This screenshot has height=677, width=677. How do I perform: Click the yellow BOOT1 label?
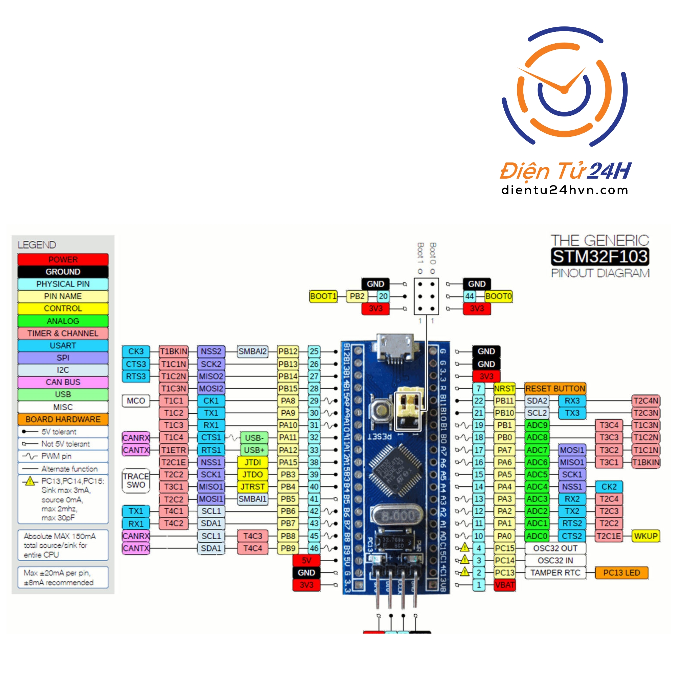tap(323, 297)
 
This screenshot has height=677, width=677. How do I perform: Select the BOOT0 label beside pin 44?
tap(498, 297)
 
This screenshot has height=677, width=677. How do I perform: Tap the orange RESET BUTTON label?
tap(555, 389)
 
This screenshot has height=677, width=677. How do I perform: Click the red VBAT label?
tap(505, 585)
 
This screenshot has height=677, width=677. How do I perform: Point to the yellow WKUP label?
tap(646, 536)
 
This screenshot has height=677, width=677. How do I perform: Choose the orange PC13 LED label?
tap(621, 573)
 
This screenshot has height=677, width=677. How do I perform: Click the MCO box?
tap(136, 401)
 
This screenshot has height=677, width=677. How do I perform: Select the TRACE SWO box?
tap(136, 481)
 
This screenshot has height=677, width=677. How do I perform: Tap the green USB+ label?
tap(254, 450)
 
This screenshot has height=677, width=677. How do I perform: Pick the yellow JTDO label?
tap(252, 475)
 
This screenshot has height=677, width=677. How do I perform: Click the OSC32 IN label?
tap(555, 560)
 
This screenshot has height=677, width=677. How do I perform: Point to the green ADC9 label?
tap(537, 425)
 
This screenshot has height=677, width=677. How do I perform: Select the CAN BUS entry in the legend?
tap(63, 382)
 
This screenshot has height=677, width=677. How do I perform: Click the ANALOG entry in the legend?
tap(63, 321)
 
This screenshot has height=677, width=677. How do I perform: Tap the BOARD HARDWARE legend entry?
tap(63, 419)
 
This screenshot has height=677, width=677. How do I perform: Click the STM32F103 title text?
tap(600, 257)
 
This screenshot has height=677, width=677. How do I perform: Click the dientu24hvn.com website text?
tap(565, 190)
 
